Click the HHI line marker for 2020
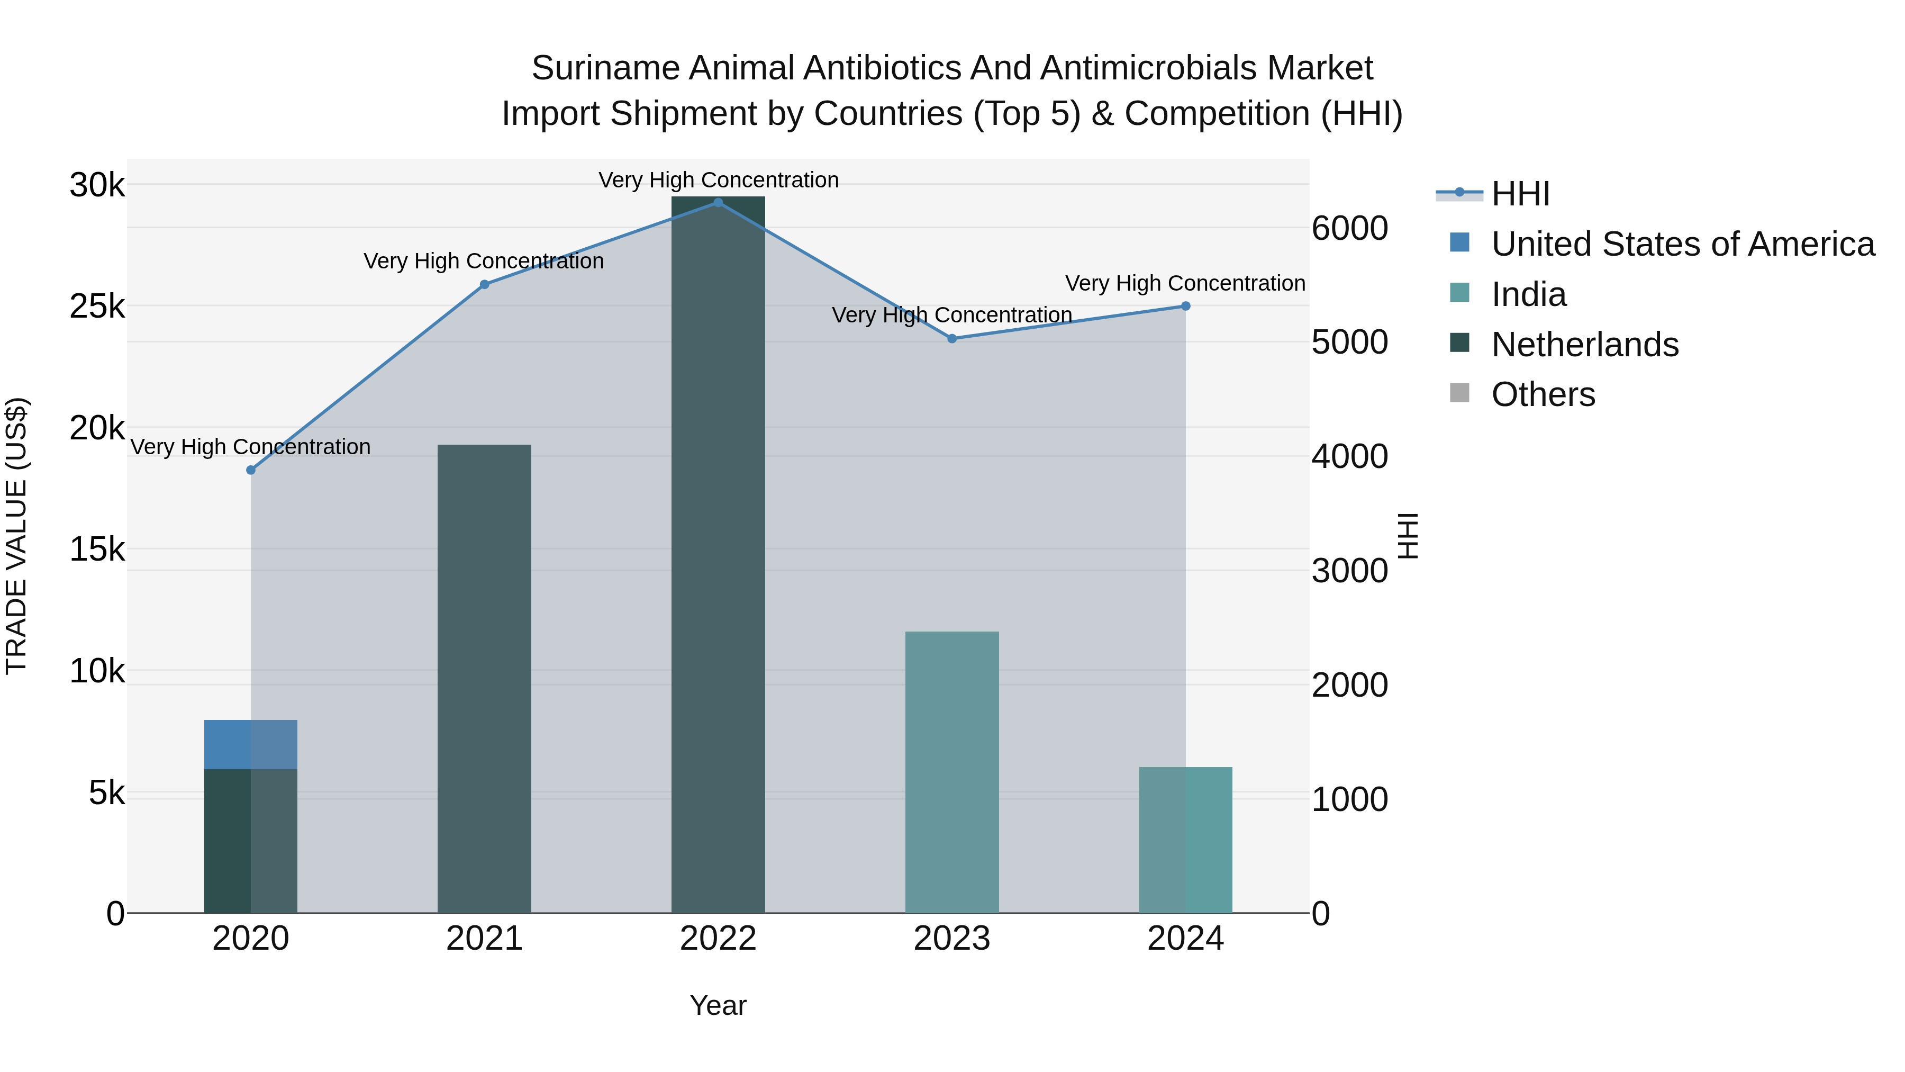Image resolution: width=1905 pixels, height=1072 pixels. pyautogui.click(x=251, y=470)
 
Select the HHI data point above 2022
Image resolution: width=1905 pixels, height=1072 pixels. pyautogui.click(x=718, y=202)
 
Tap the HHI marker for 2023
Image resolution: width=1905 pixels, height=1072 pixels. pyautogui.click(x=952, y=338)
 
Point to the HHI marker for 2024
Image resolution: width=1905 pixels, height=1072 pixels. pyautogui.click(x=1185, y=305)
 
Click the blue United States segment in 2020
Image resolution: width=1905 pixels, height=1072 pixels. pyautogui.click(x=251, y=744)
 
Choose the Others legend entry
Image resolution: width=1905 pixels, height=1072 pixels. pyautogui.click(x=1543, y=395)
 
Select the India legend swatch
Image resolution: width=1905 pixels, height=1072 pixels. pyautogui.click(x=1460, y=292)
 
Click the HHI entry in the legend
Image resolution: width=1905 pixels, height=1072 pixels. pyautogui.click(x=1520, y=194)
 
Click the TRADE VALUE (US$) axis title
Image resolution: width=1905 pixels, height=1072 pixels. pyautogui.click(x=16, y=536)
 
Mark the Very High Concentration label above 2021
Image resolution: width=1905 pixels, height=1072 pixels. pyautogui.click(x=484, y=261)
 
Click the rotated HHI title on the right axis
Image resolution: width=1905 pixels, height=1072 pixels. pyautogui.click(x=1408, y=536)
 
